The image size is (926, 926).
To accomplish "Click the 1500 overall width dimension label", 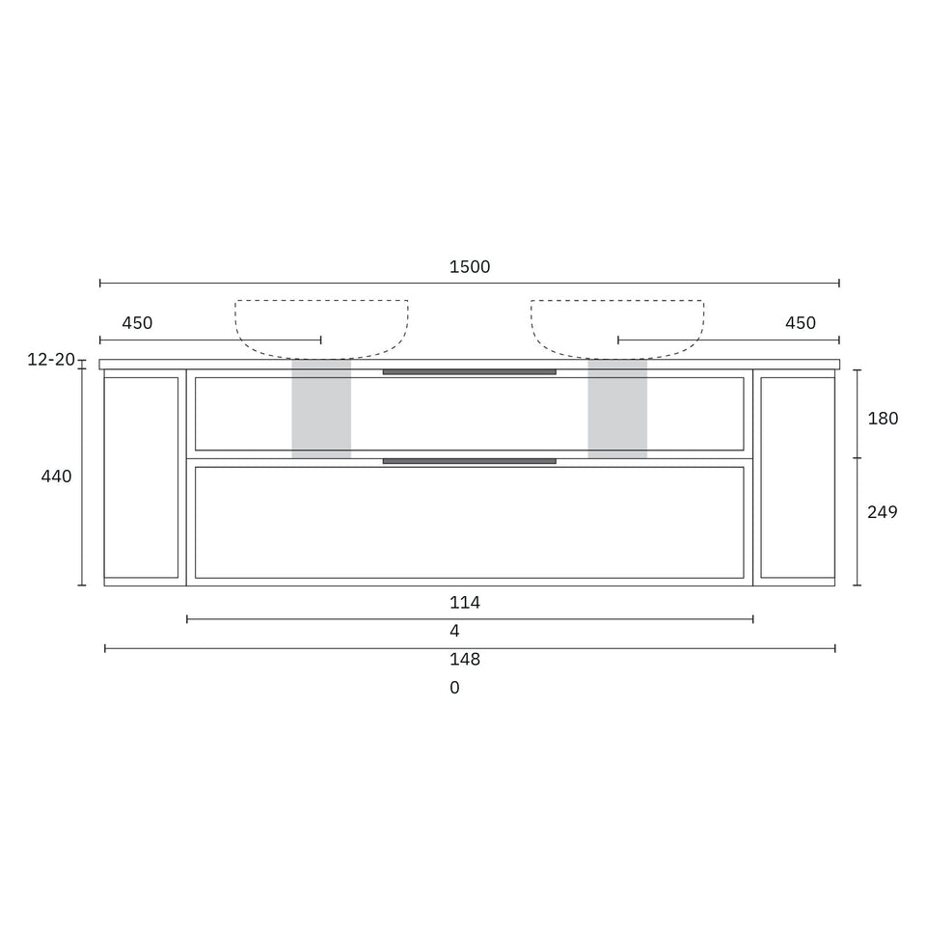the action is pos(470,267).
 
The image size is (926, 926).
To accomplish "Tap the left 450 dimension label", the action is pos(137,323).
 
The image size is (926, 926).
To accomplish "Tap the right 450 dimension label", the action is pos(801,323).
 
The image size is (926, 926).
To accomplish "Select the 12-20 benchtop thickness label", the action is pos(51,359).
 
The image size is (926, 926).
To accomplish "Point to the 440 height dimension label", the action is pos(56,476).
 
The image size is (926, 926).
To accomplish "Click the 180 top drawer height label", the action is pos(883,419).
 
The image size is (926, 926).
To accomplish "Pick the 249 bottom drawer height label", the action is pos(883,512).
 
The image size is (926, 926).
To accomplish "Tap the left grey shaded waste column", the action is pos(321,409).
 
